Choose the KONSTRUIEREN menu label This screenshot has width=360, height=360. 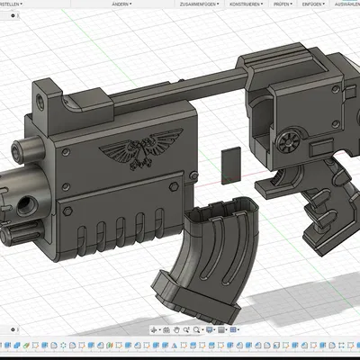(246, 4)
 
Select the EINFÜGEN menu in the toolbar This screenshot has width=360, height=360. (312, 4)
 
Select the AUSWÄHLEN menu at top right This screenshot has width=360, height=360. (346, 4)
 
